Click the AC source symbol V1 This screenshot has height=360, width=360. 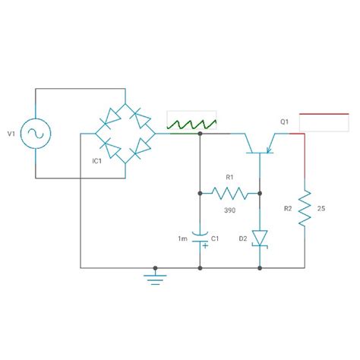coord(36,134)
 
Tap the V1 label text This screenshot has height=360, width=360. coord(11,134)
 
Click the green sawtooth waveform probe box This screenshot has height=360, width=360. coord(191,122)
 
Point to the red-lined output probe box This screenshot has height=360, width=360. coord(324,123)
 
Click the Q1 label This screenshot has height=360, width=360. coord(284,122)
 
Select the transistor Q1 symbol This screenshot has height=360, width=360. coord(261,143)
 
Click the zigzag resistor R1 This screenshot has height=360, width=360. coord(230,193)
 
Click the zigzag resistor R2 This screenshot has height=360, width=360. coord(305,208)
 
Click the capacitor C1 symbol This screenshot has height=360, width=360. coord(200,238)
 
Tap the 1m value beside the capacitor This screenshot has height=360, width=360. coord(182,238)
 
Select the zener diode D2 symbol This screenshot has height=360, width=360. coord(261,238)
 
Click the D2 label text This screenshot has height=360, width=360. coord(243,238)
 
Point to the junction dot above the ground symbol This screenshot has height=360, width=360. coord(156,268)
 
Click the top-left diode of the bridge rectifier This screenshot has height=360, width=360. coord(111,117)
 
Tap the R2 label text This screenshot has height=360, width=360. coord(286,208)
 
